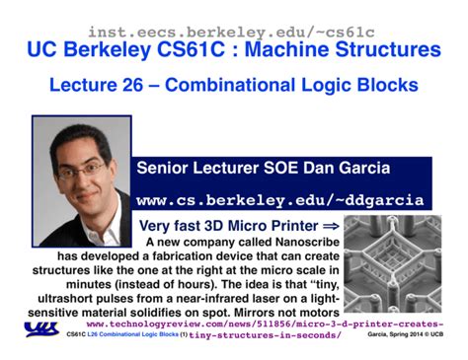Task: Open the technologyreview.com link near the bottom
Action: click(x=265, y=323)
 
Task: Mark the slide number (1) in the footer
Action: click(x=183, y=334)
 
